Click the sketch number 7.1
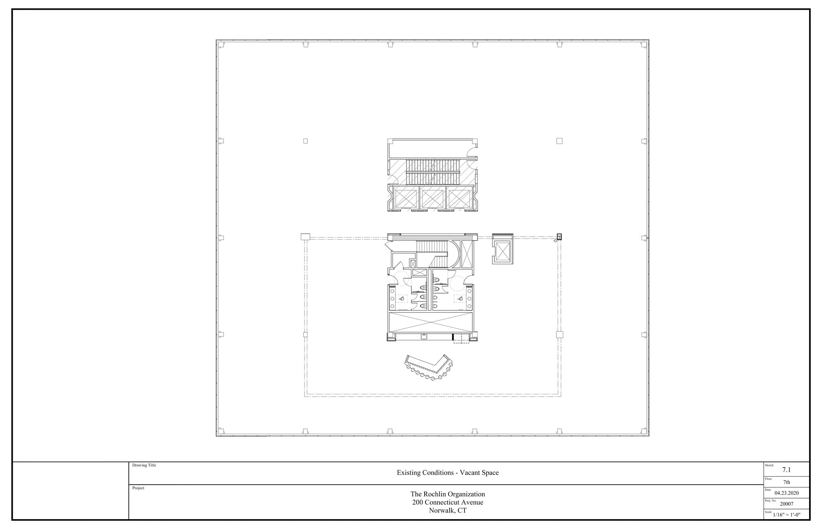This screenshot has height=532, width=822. (x=786, y=469)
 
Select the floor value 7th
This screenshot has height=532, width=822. (x=786, y=482)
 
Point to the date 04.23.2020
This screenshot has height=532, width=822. (x=786, y=493)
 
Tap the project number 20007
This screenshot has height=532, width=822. (x=786, y=504)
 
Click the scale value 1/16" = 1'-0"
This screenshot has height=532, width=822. (x=786, y=515)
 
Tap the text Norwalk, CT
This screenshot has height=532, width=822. (x=448, y=511)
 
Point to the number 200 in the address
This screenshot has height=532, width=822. (x=417, y=502)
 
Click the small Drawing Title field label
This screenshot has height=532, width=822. (x=144, y=465)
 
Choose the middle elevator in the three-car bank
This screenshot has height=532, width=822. (x=432, y=198)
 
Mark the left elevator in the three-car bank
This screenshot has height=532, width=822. (x=406, y=198)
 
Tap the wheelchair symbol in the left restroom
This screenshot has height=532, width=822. (x=401, y=298)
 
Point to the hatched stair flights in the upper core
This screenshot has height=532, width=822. (x=433, y=172)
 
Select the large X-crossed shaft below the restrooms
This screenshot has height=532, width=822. (x=431, y=322)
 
